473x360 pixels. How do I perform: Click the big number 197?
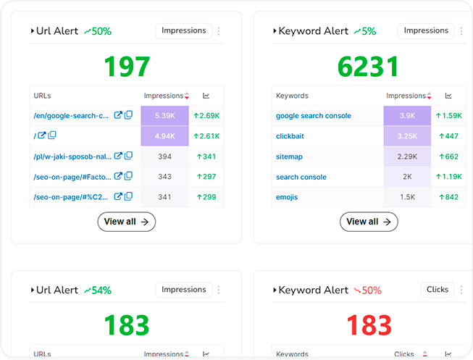point(127,67)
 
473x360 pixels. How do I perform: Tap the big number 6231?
point(368,67)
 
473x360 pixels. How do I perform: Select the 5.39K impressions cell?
point(164,115)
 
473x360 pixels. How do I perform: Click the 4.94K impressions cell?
point(164,135)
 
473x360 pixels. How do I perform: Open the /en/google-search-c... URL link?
point(71,115)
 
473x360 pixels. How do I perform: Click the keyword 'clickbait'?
point(290,135)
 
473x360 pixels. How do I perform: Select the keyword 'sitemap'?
point(289,156)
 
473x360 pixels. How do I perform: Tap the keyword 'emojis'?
point(287,197)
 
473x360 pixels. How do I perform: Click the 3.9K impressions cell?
point(407,115)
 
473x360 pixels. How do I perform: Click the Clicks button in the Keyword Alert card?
point(438,290)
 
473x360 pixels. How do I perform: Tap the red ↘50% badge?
point(367,290)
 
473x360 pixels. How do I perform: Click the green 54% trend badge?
point(97,290)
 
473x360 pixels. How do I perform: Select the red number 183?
point(368,325)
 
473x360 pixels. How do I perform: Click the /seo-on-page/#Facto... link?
point(71,177)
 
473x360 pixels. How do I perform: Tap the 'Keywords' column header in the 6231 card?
point(292,96)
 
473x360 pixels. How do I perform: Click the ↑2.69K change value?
point(206,115)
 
